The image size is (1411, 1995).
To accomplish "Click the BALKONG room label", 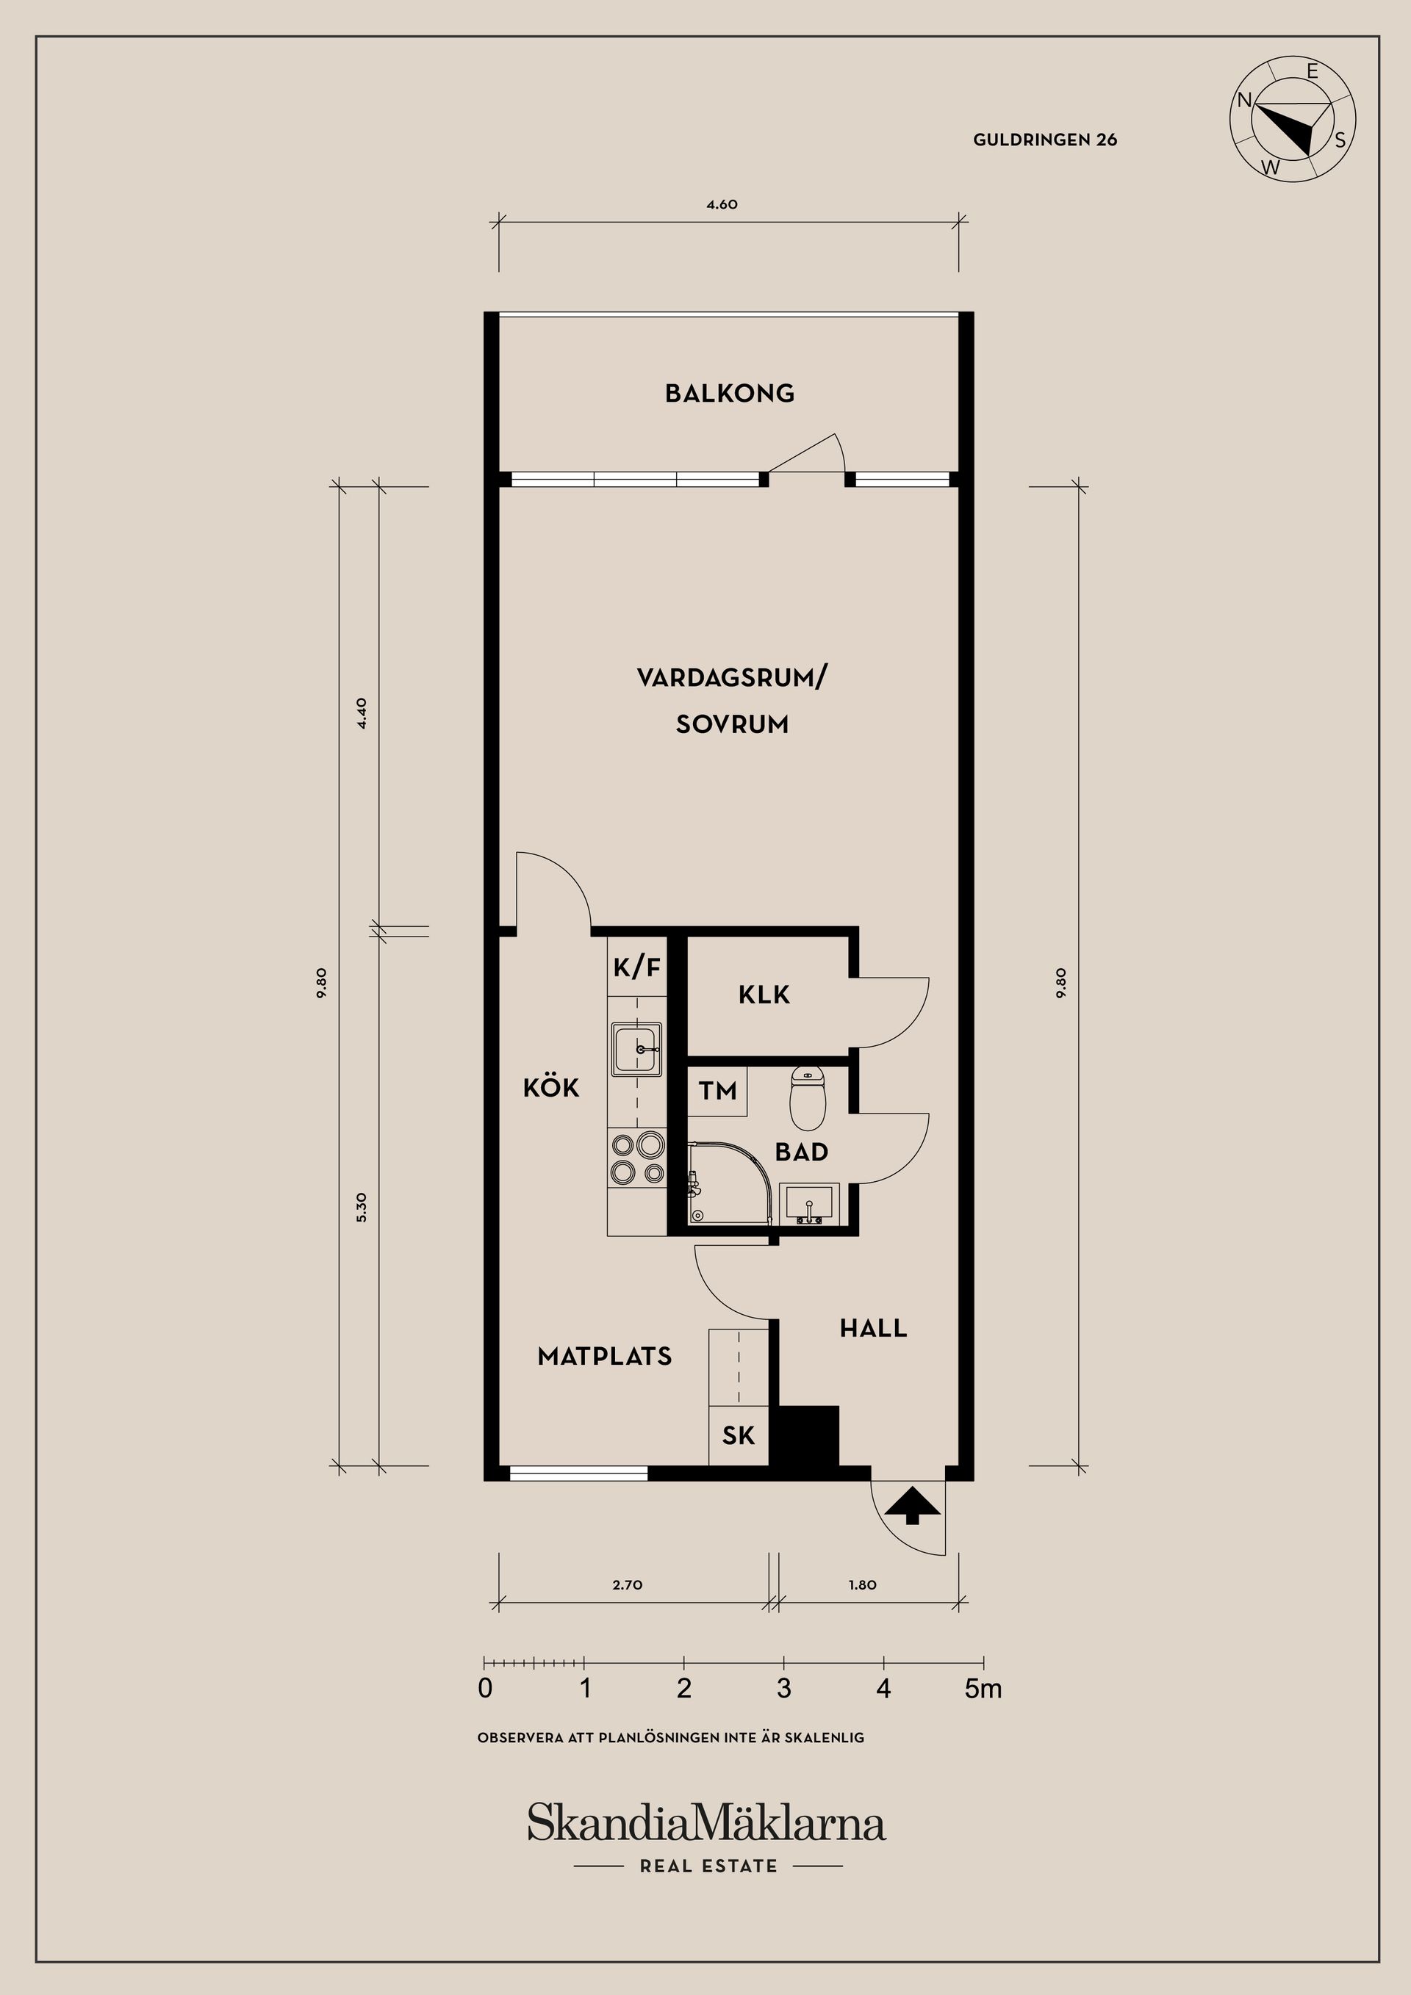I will pyautogui.click(x=730, y=394).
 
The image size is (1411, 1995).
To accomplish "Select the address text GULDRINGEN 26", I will pyautogui.click(x=1045, y=140).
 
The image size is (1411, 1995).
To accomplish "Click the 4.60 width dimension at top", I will pyautogui.click(x=722, y=205).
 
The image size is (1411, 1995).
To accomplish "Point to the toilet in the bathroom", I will pyautogui.click(x=806, y=1098).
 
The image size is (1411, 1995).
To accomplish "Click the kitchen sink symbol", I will pyautogui.click(x=637, y=1049).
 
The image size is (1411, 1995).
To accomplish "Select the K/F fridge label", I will pyautogui.click(x=637, y=967).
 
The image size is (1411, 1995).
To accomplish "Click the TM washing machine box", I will pyautogui.click(x=717, y=1091).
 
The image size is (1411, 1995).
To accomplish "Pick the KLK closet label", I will pyautogui.click(x=764, y=995).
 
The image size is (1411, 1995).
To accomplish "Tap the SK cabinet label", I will pyautogui.click(x=738, y=1435).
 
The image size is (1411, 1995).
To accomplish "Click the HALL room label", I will pyautogui.click(x=873, y=1328).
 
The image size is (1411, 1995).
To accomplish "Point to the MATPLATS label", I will pyautogui.click(x=604, y=1357).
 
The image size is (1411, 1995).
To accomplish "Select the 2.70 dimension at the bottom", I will pyautogui.click(x=627, y=1585).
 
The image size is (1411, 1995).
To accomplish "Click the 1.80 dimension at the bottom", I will pyautogui.click(x=863, y=1585).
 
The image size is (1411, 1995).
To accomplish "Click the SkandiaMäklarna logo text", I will pyautogui.click(x=706, y=1823).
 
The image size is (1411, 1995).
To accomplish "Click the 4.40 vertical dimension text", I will pyautogui.click(x=362, y=712).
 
